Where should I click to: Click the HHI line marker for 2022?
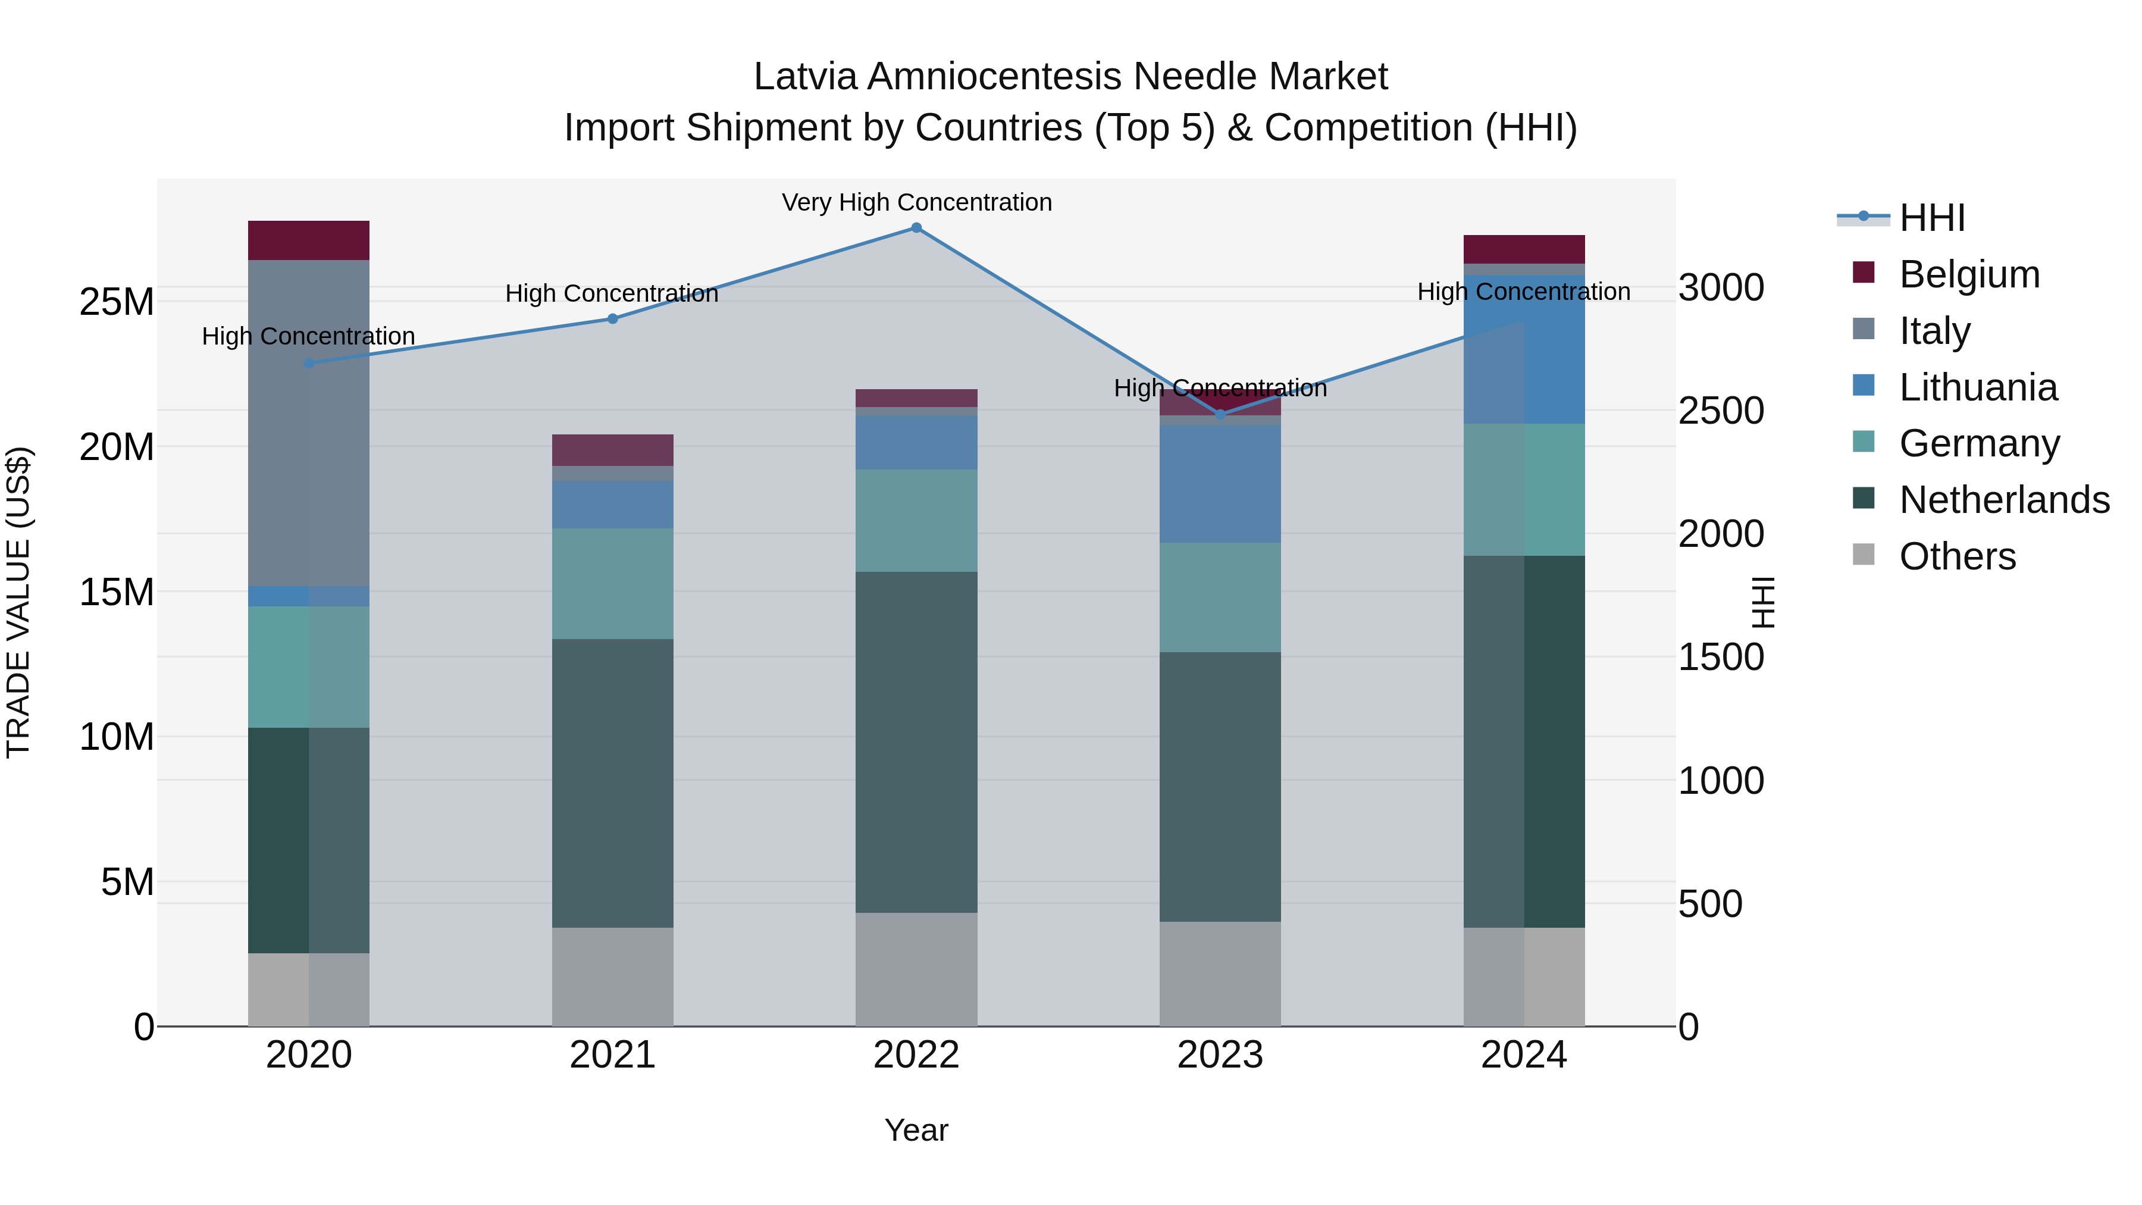click(x=916, y=228)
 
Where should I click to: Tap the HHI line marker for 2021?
click(x=613, y=318)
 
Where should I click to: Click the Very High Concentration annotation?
click(x=916, y=202)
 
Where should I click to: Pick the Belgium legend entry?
click(x=1969, y=274)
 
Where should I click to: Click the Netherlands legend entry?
click(x=2004, y=500)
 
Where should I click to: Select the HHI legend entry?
click(x=1931, y=218)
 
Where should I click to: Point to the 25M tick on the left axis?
click(x=117, y=302)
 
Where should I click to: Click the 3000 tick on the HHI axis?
click(x=1720, y=288)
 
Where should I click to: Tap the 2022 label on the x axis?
click(x=916, y=1055)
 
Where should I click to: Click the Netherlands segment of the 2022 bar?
click(x=916, y=742)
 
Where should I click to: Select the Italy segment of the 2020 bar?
click(x=308, y=422)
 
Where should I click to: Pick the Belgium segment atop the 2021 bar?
click(x=613, y=450)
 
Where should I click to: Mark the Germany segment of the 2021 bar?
click(x=613, y=584)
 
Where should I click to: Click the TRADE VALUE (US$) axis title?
click(x=18, y=602)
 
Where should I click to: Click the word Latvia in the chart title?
click(x=805, y=77)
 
